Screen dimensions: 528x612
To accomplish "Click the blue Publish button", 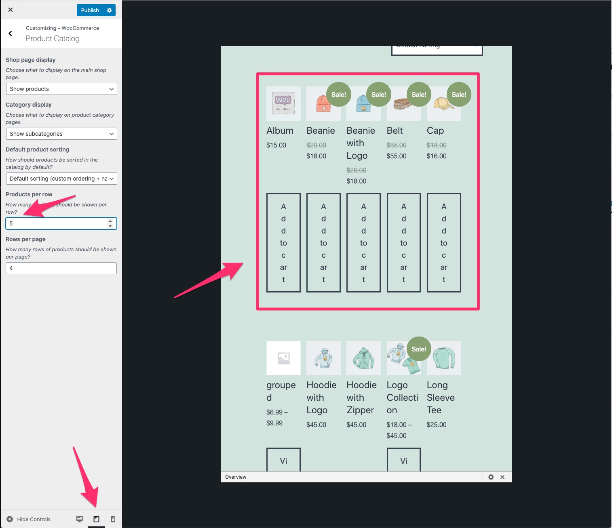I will (x=90, y=10).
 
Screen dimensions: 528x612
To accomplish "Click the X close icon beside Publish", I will (x=11, y=10).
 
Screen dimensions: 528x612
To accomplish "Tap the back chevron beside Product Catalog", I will (x=11, y=34).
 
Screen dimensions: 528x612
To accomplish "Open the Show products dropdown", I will (x=61, y=89).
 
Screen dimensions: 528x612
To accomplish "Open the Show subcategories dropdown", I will (x=61, y=134).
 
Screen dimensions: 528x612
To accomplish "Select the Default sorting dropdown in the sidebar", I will (x=61, y=179).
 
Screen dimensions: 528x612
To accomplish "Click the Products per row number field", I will (x=57, y=223).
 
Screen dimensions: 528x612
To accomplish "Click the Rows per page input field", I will (x=61, y=268).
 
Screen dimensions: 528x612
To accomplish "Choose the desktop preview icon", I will (x=80, y=519).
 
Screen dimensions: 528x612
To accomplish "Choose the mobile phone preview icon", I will (x=113, y=519).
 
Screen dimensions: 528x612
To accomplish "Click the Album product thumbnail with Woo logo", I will (x=283, y=103).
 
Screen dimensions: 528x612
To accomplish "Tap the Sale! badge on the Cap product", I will (x=459, y=95).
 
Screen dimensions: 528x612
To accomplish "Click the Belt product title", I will (x=395, y=130).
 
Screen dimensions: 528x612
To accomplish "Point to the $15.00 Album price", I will (x=276, y=145).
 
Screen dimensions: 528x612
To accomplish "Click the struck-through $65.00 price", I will (x=396, y=145).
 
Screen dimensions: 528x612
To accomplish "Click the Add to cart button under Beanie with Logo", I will (x=363, y=242).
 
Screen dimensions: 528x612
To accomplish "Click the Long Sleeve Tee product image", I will (x=444, y=358).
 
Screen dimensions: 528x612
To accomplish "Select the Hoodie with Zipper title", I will (x=362, y=398).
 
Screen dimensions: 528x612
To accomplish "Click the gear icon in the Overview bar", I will (x=491, y=477).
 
